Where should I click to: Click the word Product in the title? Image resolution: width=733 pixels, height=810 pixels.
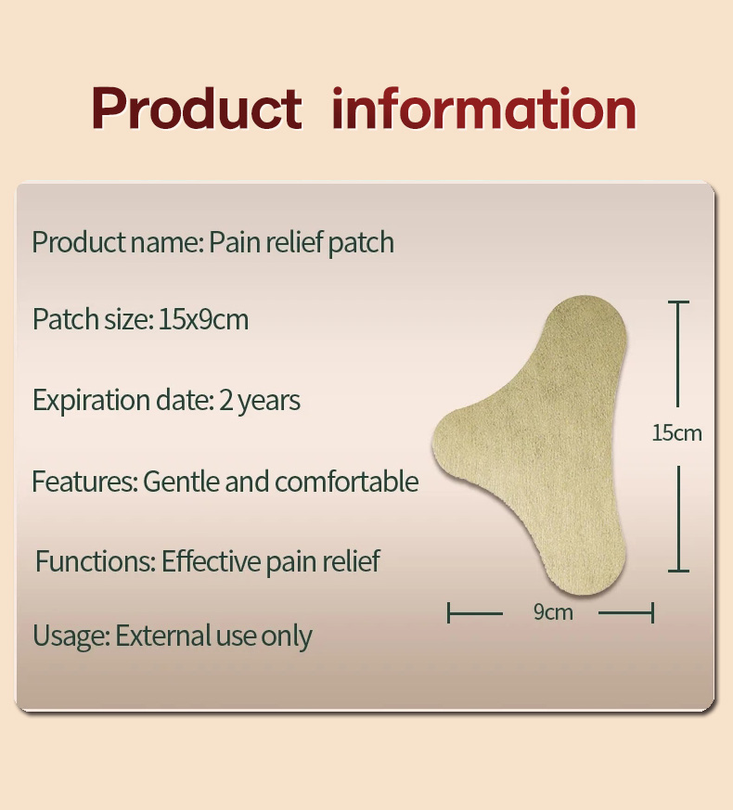(197, 109)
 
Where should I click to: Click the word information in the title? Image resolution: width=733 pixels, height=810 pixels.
(483, 109)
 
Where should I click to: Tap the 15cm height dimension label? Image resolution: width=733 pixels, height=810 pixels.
(676, 432)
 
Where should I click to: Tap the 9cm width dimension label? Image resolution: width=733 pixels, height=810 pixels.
(553, 612)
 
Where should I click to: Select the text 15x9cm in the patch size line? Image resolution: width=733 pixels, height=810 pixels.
(203, 320)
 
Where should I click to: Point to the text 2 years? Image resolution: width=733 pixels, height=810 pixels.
(260, 401)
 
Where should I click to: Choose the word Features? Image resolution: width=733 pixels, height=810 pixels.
(83, 482)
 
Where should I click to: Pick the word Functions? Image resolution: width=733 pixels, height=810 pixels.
(94, 561)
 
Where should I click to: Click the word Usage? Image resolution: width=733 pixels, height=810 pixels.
(71, 636)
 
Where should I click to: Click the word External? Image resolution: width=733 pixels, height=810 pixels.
(163, 636)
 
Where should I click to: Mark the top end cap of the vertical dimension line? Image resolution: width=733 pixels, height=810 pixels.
(678, 302)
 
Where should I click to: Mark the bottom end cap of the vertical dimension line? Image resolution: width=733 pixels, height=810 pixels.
(678, 570)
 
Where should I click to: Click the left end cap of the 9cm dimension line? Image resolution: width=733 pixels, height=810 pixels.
(449, 612)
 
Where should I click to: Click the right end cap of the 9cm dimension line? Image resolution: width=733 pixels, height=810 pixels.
(653, 612)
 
